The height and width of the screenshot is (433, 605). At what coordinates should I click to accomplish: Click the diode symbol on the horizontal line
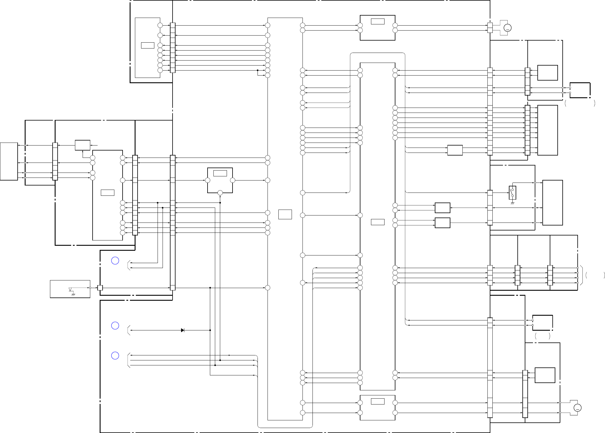(x=183, y=330)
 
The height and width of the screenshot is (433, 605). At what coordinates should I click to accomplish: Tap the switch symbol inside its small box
(x=512, y=193)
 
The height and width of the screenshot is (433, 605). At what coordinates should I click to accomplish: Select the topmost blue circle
(x=115, y=261)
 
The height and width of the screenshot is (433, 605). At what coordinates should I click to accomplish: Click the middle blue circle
(x=115, y=325)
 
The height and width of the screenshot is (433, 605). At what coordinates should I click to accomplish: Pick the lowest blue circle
(x=115, y=356)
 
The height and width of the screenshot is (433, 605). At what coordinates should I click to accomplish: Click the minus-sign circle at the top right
(x=507, y=28)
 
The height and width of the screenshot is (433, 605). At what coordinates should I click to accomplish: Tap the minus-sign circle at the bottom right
(x=577, y=408)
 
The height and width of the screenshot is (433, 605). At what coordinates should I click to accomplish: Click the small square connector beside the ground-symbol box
(x=100, y=288)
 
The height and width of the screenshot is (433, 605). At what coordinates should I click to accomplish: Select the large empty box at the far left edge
(x=9, y=161)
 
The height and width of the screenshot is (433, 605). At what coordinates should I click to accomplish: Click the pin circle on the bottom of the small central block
(x=220, y=193)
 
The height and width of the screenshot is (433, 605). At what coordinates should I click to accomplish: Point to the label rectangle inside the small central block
(x=220, y=173)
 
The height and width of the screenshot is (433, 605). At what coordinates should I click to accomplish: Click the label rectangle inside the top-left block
(x=148, y=45)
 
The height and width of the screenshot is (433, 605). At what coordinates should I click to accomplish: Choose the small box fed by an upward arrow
(x=83, y=145)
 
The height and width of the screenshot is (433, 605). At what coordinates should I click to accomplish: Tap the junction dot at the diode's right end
(x=210, y=330)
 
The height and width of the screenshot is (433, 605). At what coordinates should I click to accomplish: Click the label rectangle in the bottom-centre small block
(x=377, y=401)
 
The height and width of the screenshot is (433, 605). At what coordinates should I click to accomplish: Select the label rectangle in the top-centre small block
(x=377, y=21)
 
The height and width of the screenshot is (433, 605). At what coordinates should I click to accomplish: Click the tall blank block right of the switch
(x=552, y=203)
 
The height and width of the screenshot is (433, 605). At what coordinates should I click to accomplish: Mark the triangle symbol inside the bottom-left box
(x=70, y=290)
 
